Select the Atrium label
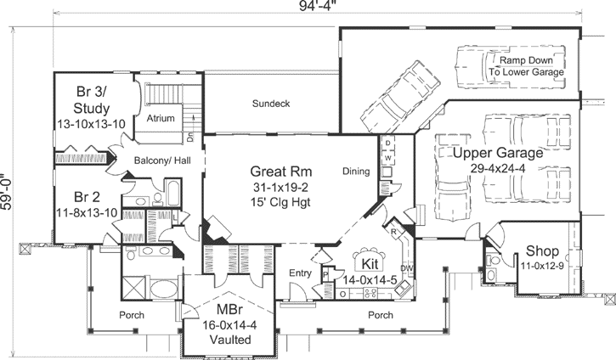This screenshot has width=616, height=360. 161,118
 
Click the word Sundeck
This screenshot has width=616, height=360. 271,104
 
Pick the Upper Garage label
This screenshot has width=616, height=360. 497,154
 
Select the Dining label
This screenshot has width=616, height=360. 356,172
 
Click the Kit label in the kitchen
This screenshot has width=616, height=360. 369,262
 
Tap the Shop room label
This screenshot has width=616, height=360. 542,251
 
